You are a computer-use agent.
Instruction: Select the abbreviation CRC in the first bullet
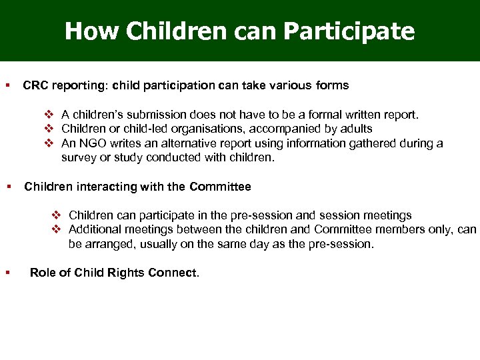coord(35,86)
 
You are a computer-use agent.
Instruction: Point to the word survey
coord(78,158)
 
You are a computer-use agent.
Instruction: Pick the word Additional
coord(93,229)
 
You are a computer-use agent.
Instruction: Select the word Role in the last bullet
coord(43,273)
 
